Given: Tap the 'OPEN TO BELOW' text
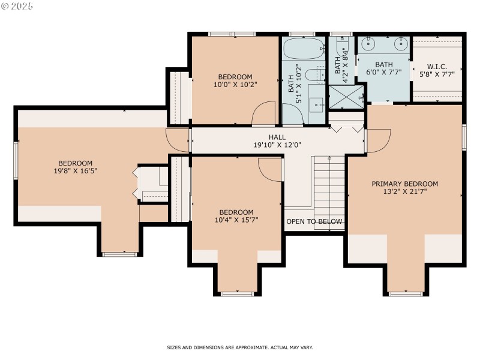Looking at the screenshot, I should pyautogui.click(x=314, y=221).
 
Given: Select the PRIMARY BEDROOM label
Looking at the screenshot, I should pyautogui.click(x=404, y=184).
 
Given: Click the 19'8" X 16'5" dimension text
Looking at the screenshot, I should pyautogui.click(x=75, y=171).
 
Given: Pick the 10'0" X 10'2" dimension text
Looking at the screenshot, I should pyautogui.click(x=235, y=85).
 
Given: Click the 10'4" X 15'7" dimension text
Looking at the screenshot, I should pyautogui.click(x=236, y=220).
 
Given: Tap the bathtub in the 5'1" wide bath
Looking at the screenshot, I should pyautogui.click(x=304, y=50).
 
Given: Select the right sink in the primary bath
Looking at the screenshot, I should pyautogui.click(x=400, y=44).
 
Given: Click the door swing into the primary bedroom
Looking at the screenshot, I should pyautogui.click(x=377, y=140).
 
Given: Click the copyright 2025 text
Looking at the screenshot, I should pyautogui.click(x=17, y=6).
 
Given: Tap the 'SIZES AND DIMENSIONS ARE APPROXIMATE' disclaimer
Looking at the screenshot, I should pyautogui.click(x=240, y=347).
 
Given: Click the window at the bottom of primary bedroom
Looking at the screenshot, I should pyautogui.click(x=405, y=293).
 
